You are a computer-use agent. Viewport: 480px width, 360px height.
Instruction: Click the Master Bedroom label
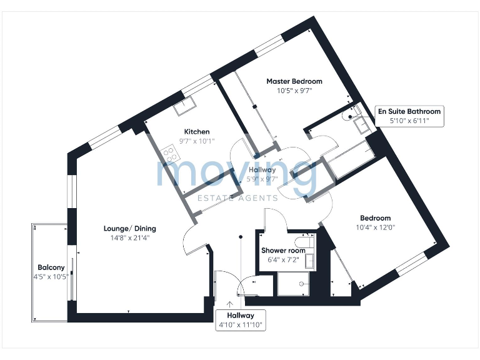pyautogui.click(x=294, y=81)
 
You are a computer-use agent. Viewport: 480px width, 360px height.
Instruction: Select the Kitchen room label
pyautogui.click(x=196, y=132)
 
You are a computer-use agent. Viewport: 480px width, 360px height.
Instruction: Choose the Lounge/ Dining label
pyautogui.click(x=129, y=228)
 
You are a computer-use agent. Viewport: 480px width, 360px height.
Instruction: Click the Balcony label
pyautogui.click(x=51, y=267)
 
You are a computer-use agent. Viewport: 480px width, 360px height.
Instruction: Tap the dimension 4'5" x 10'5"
pyautogui.click(x=51, y=276)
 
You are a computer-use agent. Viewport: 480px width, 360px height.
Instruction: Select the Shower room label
pyautogui.click(x=283, y=251)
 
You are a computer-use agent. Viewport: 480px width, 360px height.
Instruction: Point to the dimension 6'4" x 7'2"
pyautogui.click(x=283, y=259)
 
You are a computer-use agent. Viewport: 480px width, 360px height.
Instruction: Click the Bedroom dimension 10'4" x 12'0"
pyautogui.click(x=375, y=227)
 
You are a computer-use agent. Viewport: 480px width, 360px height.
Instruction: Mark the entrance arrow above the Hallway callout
pyautogui.click(x=239, y=304)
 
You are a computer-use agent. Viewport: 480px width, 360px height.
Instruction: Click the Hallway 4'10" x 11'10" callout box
pyautogui.click(x=240, y=320)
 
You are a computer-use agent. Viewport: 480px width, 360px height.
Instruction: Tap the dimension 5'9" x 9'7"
pyautogui.click(x=262, y=179)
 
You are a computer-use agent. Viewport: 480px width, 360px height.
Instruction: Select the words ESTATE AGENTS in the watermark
pyautogui.click(x=237, y=198)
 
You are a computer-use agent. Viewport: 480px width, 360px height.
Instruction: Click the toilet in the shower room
pyautogui.click(x=306, y=242)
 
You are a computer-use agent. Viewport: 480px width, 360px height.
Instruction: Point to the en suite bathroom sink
pyautogui.click(x=362, y=126)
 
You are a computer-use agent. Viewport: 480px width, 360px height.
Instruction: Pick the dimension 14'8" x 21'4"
pyautogui.click(x=129, y=237)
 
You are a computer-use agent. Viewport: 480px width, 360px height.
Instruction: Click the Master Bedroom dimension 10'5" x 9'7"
pyautogui.click(x=294, y=91)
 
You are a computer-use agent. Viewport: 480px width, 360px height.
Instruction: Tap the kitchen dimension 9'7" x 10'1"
pyautogui.click(x=196, y=141)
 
